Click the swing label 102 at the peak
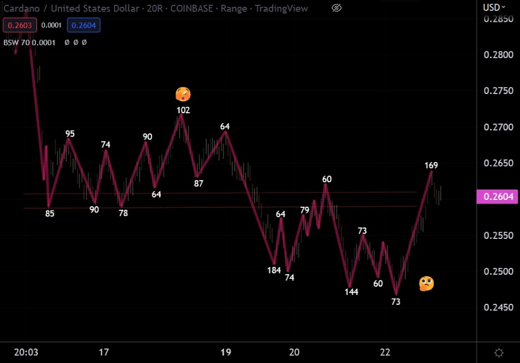point(183,110)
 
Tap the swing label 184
point(274,270)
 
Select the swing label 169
point(431,166)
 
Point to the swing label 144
point(352,292)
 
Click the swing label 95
point(70,134)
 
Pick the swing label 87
point(199,183)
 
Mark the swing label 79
point(305,210)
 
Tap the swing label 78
point(123,213)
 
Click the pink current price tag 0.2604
point(498,196)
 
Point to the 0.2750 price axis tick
point(498,91)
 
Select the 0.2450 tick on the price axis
point(498,307)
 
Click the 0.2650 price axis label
point(498,163)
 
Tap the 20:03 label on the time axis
point(26,353)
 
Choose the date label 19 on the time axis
point(226,353)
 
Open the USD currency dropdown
point(494,7)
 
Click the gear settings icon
point(499,353)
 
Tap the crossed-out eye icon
point(336,8)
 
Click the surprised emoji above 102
point(183,95)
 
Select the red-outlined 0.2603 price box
point(19,25)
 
